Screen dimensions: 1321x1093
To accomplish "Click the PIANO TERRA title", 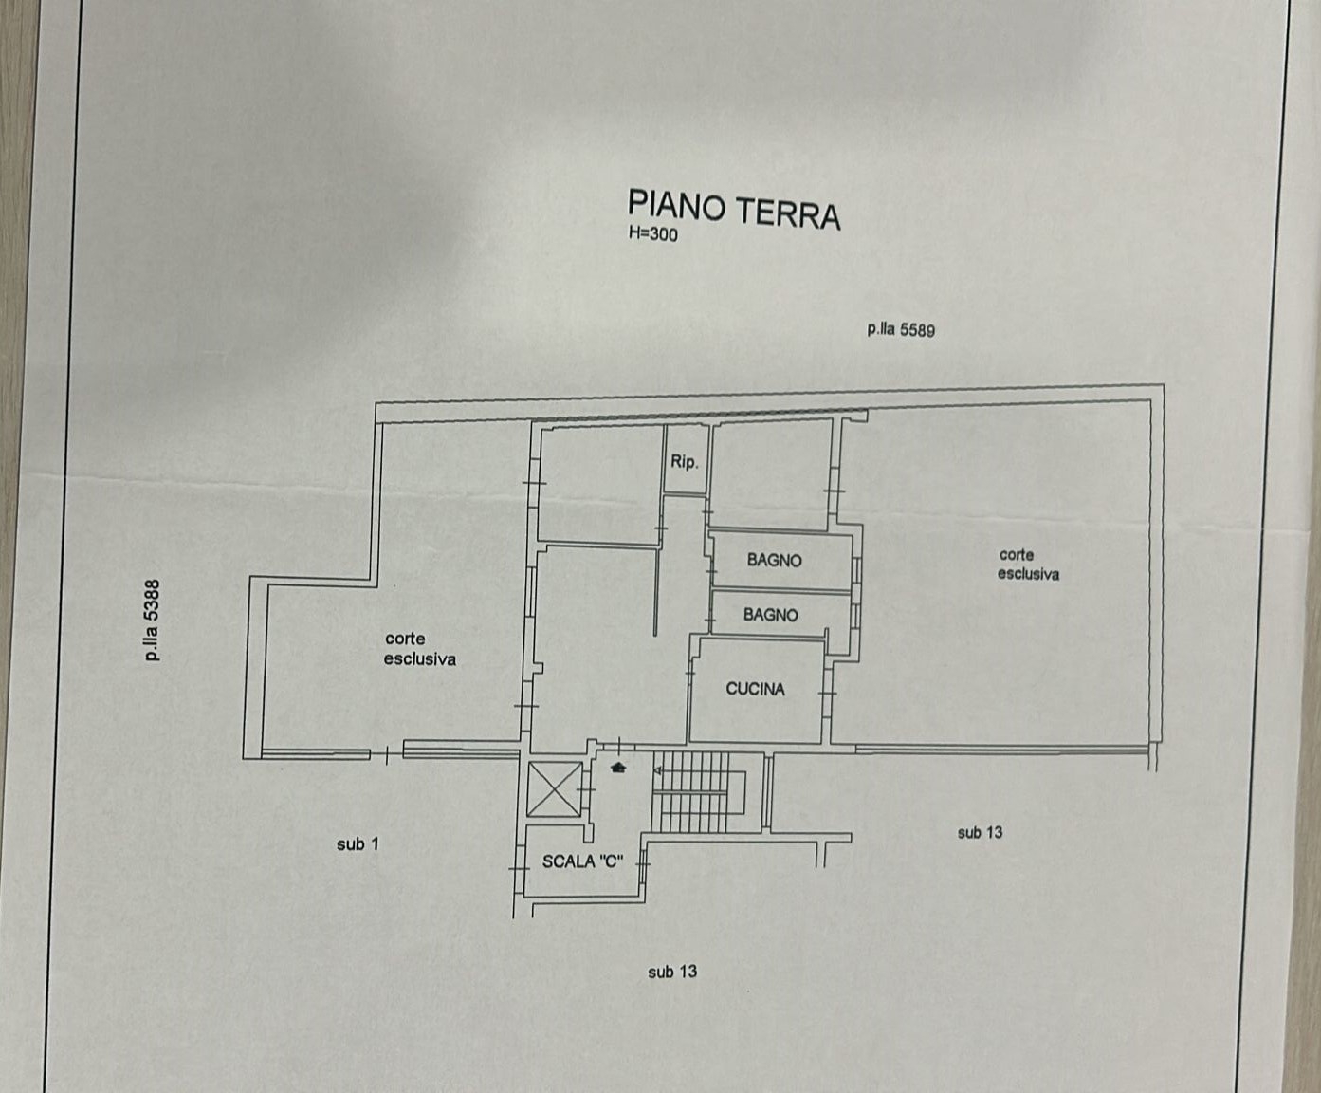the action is [734, 210].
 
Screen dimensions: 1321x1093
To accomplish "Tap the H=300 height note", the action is [652, 234].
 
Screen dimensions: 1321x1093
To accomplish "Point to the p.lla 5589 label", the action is [901, 330].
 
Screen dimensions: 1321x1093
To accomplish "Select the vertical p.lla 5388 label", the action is [153, 621].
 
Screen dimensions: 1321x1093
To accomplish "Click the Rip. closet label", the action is [685, 462].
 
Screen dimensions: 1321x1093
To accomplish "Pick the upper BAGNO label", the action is [775, 560].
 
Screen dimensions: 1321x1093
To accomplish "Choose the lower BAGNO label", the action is [771, 615].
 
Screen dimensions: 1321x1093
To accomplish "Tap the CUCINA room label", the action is [756, 689].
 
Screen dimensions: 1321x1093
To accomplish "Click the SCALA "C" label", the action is [582, 861].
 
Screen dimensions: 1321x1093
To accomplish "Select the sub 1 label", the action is [358, 843].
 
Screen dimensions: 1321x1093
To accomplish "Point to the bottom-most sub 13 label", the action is [672, 972].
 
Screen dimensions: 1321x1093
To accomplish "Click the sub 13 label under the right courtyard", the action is [980, 832].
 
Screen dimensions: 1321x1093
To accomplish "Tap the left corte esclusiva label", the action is [420, 649].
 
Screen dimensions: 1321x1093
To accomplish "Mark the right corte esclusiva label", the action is [1029, 565].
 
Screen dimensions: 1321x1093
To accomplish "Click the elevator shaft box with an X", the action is [554, 788].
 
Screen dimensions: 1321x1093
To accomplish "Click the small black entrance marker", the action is [618, 769].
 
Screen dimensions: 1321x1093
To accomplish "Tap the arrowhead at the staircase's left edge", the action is [658, 770].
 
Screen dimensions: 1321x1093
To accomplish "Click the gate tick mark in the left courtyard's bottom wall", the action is [387, 755].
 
